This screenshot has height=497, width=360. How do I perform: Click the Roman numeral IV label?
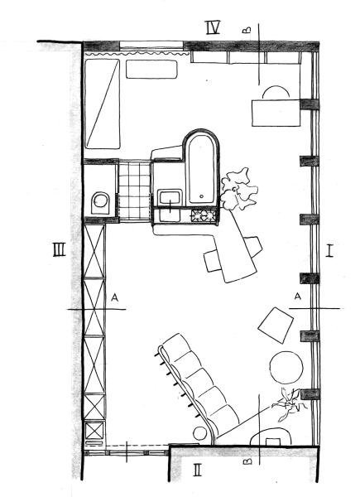click(213, 27)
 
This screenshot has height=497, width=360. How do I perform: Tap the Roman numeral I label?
click(329, 250)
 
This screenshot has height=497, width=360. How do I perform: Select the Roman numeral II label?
click(198, 470)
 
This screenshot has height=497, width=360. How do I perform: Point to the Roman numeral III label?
click(60, 249)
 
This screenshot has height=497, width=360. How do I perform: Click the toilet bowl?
click(101, 203)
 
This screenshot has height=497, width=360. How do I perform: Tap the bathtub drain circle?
click(202, 196)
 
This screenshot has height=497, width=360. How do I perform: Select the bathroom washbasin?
click(170, 198)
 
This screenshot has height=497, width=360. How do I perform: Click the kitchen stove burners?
click(204, 216)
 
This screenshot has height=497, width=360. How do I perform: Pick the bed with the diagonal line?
click(103, 104)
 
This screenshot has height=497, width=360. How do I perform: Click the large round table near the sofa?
click(286, 367)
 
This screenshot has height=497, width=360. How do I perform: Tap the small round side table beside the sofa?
click(200, 433)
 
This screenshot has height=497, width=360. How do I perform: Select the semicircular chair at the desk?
click(276, 93)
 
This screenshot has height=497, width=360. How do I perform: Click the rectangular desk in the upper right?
click(276, 113)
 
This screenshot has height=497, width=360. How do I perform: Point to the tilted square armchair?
click(276, 326)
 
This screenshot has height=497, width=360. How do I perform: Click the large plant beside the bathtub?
click(238, 189)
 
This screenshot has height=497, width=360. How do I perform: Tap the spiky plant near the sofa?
click(290, 404)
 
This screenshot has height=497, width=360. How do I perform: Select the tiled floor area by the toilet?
click(135, 191)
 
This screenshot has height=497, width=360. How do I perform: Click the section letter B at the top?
click(247, 30)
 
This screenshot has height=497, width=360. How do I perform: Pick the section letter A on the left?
click(115, 297)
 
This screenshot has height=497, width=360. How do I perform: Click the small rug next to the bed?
click(151, 69)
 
